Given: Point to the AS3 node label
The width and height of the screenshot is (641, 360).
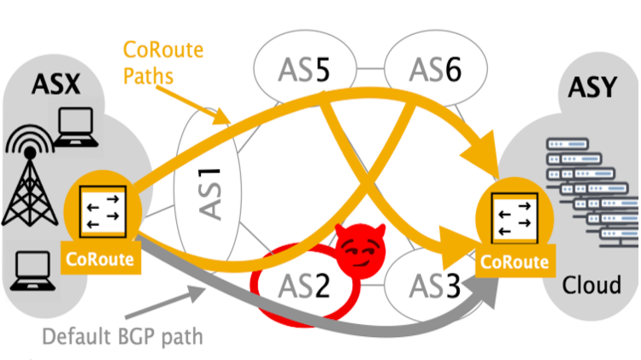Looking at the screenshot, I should click(x=429, y=282).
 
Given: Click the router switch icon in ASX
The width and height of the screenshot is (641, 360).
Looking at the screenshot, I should click(x=103, y=211).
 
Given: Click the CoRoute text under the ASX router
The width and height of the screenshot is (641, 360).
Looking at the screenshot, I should click(x=103, y=259).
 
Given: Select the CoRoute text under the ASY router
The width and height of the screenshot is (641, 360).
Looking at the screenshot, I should click(x=513, y=263).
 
